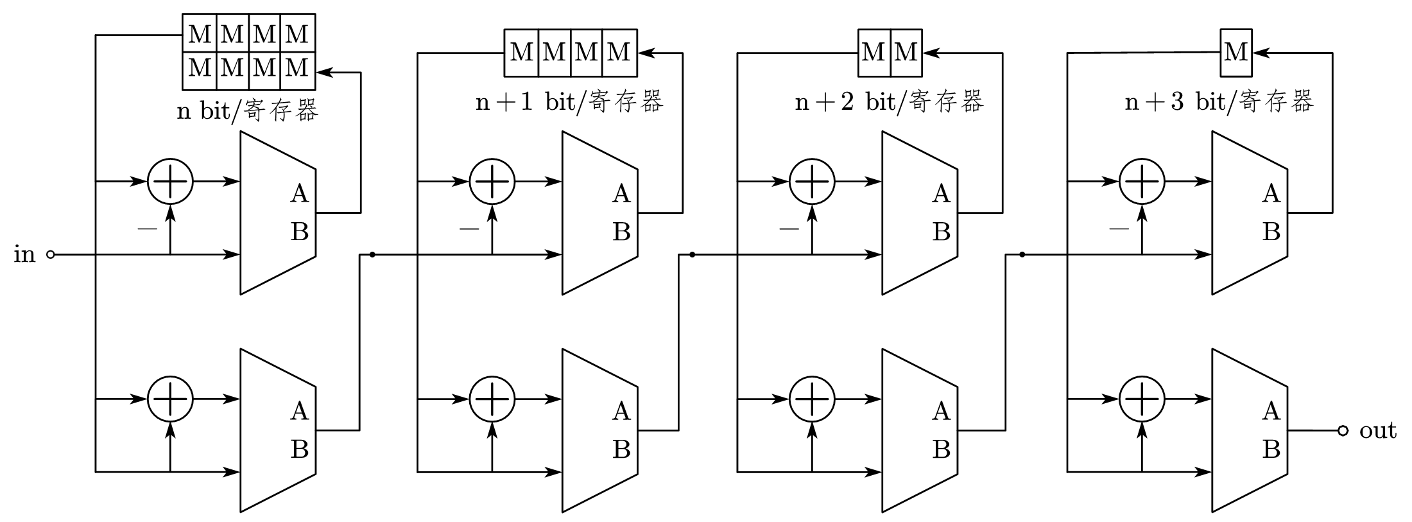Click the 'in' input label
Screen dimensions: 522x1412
(24, 255)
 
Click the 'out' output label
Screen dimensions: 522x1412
(1377, 431)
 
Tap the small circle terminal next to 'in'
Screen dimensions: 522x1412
(51, 255)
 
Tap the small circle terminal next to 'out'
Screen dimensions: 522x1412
(1343, 431)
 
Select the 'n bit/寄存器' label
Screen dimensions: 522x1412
(248, 111)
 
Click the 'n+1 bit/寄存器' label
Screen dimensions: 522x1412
(569, 102)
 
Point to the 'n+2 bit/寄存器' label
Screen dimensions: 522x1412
(889, 102)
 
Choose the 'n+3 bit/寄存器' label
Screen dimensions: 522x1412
(1219, 102)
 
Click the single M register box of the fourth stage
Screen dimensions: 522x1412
(1235, 53)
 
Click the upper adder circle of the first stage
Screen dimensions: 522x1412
(170, 182)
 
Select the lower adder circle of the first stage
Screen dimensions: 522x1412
(170, 399)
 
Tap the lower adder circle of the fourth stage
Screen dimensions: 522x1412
(1142, 399)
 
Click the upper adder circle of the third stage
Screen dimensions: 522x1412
(812, 182)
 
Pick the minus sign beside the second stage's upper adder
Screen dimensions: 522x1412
(469, 228)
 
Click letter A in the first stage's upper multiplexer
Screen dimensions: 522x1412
(299, 193)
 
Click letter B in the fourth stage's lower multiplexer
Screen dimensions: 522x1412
(1271, 449)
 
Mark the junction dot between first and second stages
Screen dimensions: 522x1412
(372, 255)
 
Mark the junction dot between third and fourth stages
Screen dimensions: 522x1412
(1022, 255)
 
